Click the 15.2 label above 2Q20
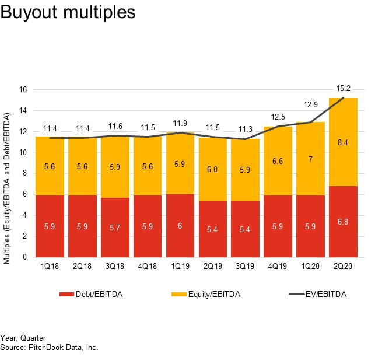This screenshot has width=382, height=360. tap(344, 89)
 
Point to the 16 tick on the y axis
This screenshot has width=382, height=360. tap(23, 90)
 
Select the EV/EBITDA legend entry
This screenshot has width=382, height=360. tap(318, 295)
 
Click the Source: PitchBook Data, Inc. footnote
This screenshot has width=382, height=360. tap(49, 347)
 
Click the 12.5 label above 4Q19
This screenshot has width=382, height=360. tap(279, 117)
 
